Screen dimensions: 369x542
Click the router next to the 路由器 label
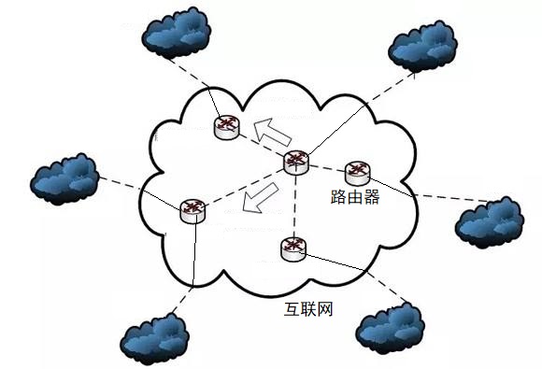pyautogui.click(x=358, y=172)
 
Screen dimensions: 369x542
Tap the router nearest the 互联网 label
pyautogui.click(x=292, y=248)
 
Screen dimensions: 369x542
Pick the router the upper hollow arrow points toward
pyautogui.click(x=226, y=126)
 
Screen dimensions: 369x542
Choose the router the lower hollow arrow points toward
pyautogui.click(x=193, y=211)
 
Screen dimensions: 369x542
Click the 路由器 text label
pyautogui.click(x=355, y=198)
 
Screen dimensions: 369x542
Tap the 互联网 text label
pyautogui.click(x=308, y=308)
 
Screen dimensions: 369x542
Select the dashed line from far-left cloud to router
pyautogui.click(x=140, y=192)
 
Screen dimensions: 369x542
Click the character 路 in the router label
pyautogui.click(x=338, y=198)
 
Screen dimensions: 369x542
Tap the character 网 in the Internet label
pyautogui.click(x=325, y=308)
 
